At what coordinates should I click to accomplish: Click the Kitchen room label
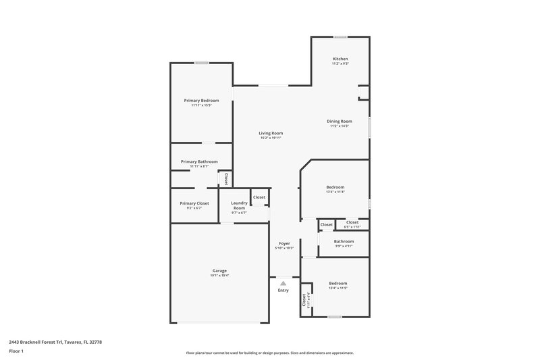[x=340, y=59]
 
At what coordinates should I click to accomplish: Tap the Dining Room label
[x=340, y=121]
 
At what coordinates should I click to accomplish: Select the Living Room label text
[x=271, y=133]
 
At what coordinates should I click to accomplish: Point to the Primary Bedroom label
[x=201, y=100]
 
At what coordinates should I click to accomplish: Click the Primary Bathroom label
[x=199, y=161]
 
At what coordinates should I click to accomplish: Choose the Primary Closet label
[x=194, y=203]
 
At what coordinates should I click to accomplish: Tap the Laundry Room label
[x=239, y=205]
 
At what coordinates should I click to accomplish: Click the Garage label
[x=220, y=271]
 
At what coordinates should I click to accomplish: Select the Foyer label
[x=284, y=243]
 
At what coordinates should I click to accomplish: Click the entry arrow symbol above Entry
[x=283, y=284]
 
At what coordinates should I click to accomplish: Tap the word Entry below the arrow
[x=283, y=290]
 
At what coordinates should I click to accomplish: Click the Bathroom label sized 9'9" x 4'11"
[x=344, y=241]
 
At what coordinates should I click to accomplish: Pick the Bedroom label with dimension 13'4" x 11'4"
[x=335, y=187]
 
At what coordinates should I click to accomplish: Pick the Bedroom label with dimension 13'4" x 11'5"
[x=337, y=283]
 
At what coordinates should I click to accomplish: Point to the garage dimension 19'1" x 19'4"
[x=220, y=276]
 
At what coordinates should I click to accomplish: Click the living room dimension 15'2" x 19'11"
[x=271, y=138]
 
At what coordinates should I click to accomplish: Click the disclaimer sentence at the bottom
[x=269, y=353]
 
